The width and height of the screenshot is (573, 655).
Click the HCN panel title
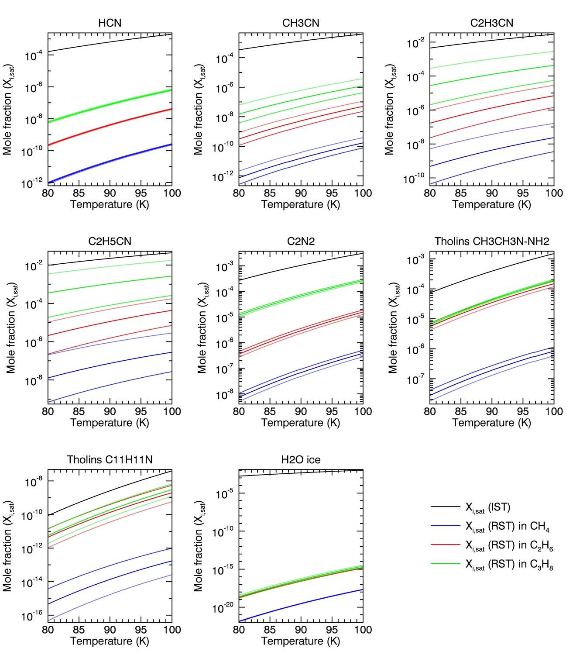pyautogui.click(x=110, y=23)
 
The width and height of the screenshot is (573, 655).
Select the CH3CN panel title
pyautogui.click(x=301, y=23)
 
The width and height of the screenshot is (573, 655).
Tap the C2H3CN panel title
pyautogui.click(x=491, y=23)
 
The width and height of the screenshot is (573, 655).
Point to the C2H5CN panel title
pyautogui.click(x=110, y=241)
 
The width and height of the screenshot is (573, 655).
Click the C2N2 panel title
pyautogui.click(x=301, y=241)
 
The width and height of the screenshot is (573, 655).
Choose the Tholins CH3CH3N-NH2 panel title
pyautogui.click(x=491, y=241)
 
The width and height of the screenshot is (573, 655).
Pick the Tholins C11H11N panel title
pyautogui.click(x=110, y=460)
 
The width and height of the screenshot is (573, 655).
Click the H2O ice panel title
pyautogui.click(x=301, y=460)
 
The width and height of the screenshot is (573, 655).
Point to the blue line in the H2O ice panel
pyautogui.click(x=301, y=603)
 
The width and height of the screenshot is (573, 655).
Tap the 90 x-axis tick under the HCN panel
pyautogui.click(x=110, y=193)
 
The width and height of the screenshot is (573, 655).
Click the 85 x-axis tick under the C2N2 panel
pyautogui.click(x=270, y=411)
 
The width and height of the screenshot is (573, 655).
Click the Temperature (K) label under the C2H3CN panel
pyautogui.click(x=491, y=204)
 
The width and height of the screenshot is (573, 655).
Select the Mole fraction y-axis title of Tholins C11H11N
pyautogui.click(x=8, y=546)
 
